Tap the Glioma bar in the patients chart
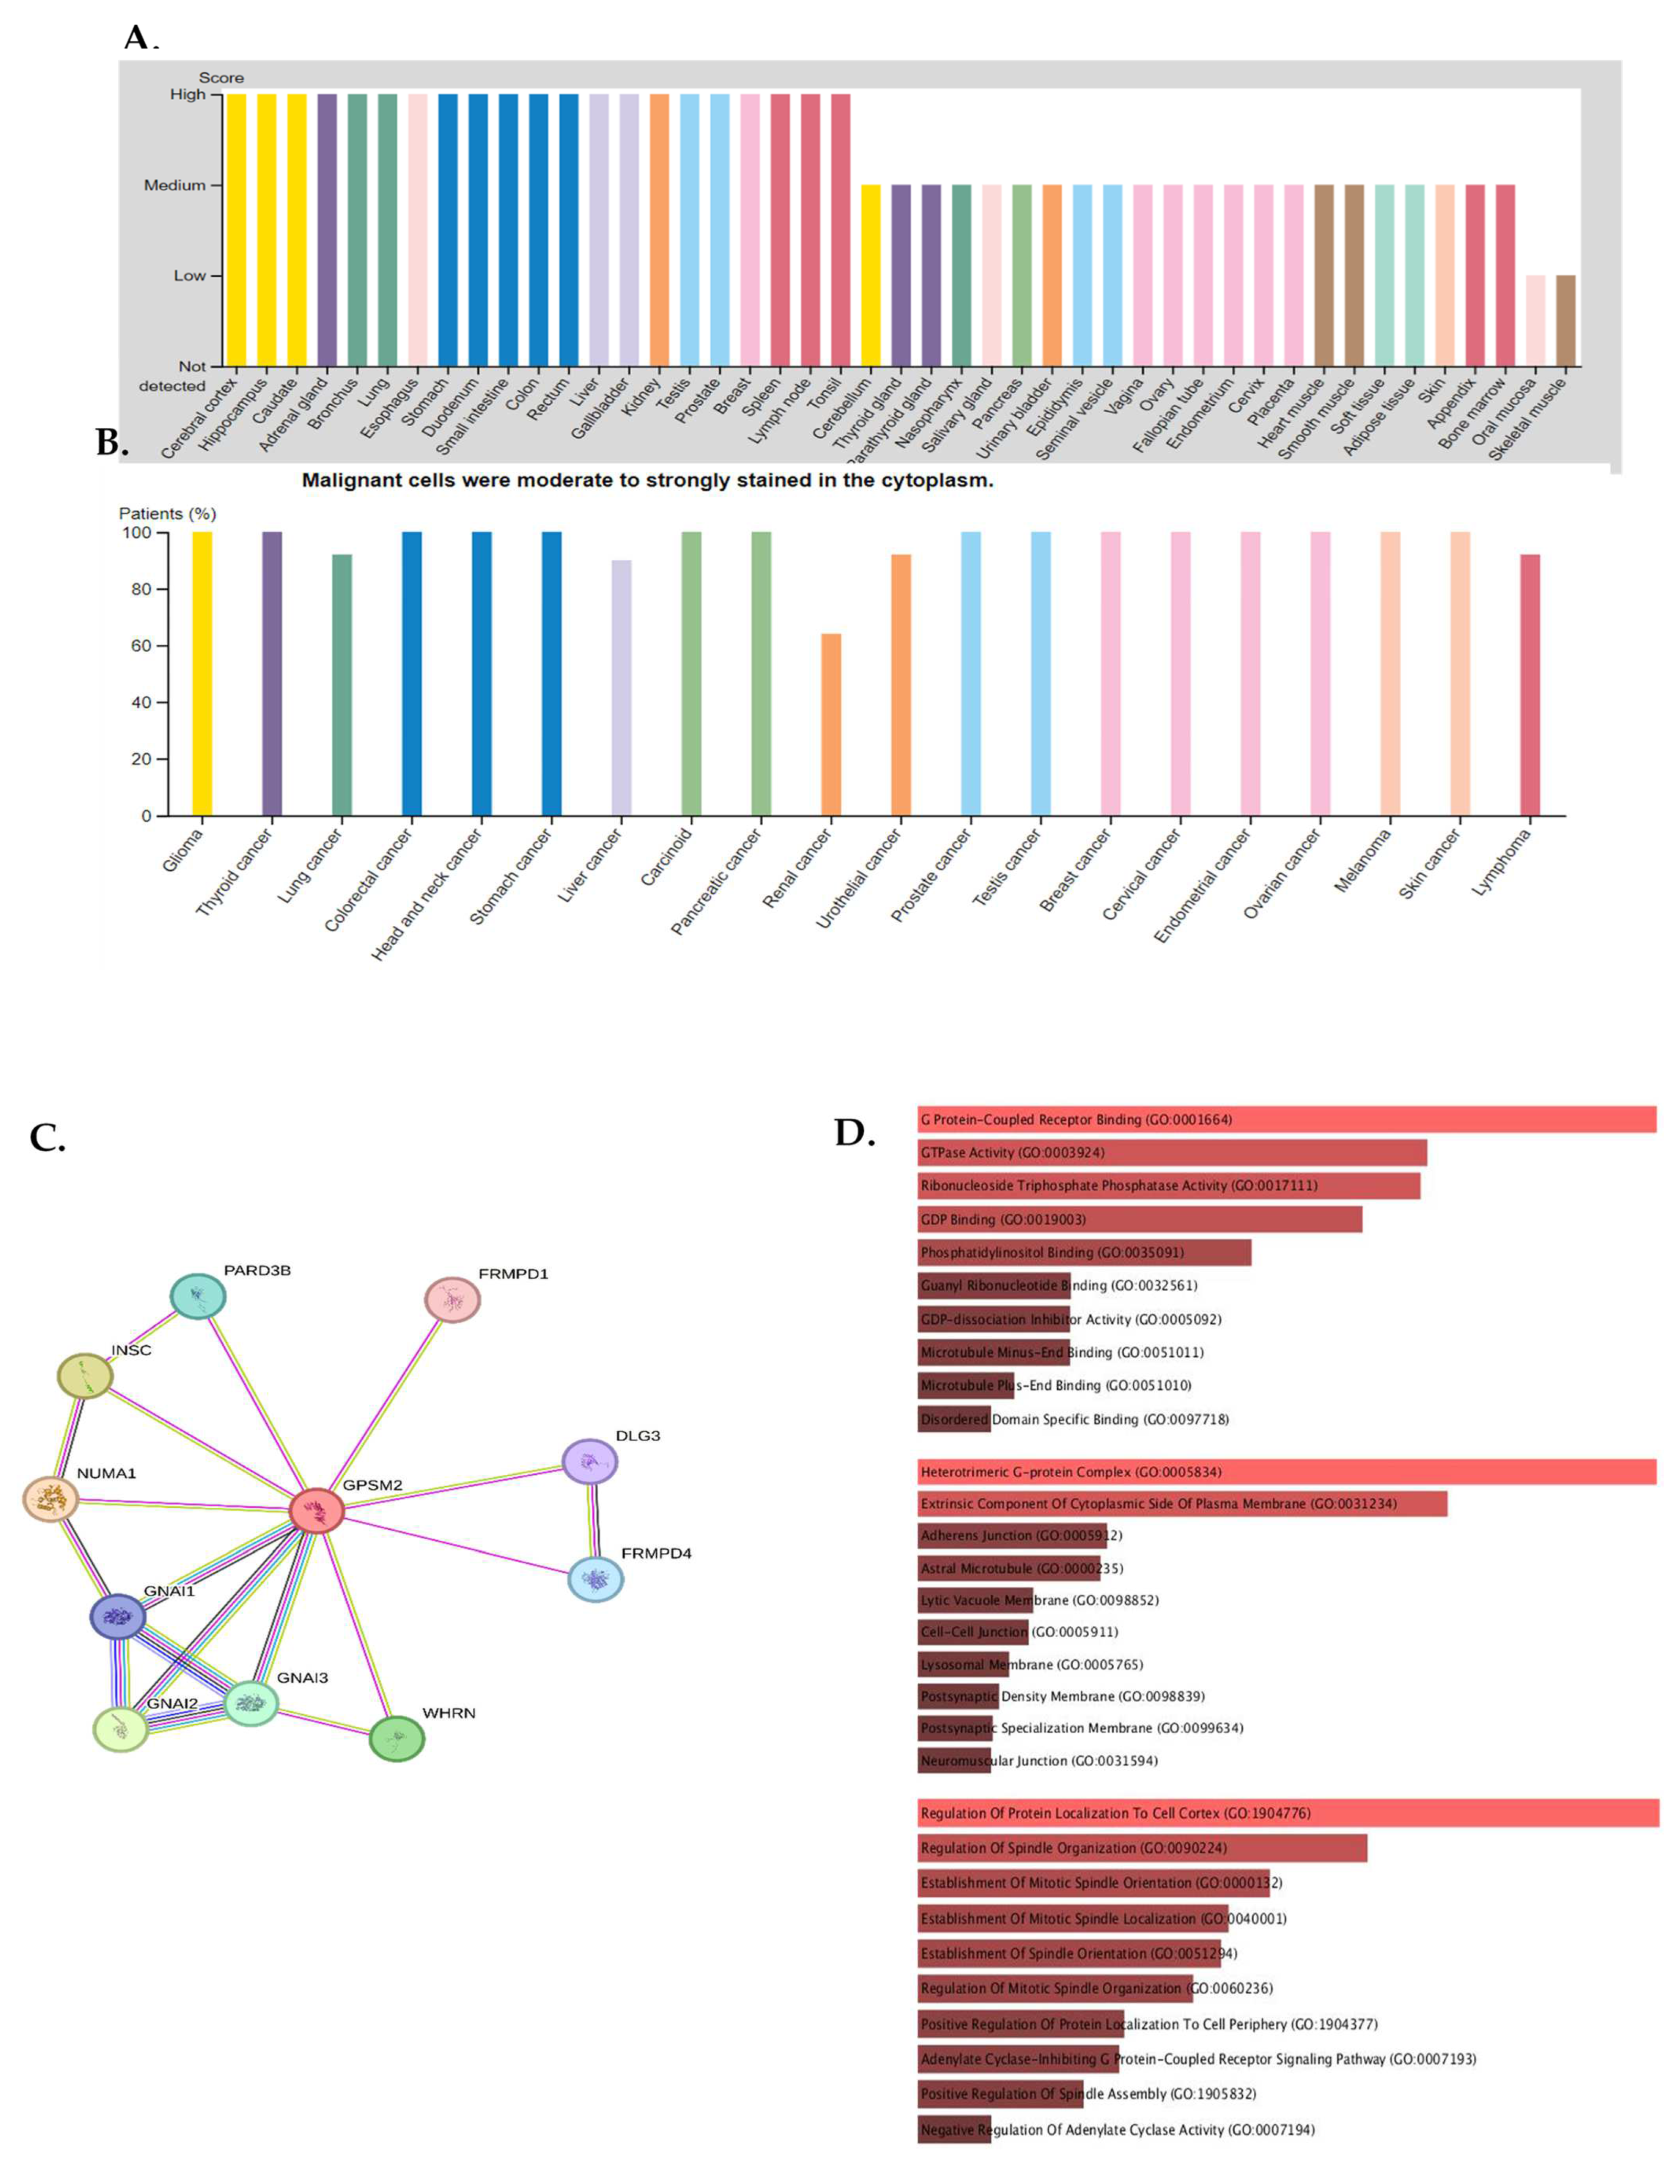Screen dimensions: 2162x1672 pyautogui.click(x=202, y=673)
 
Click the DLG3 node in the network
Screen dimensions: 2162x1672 pyautogui.click(x=590, y=1461)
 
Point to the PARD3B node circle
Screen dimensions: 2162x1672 pyautogui.click(x=198, y=1296)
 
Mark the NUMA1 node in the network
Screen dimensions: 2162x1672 pyautogui.click(x=50, y=1500)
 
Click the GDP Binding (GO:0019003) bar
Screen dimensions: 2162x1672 pyautogui.click(x=1138, y=1219)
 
